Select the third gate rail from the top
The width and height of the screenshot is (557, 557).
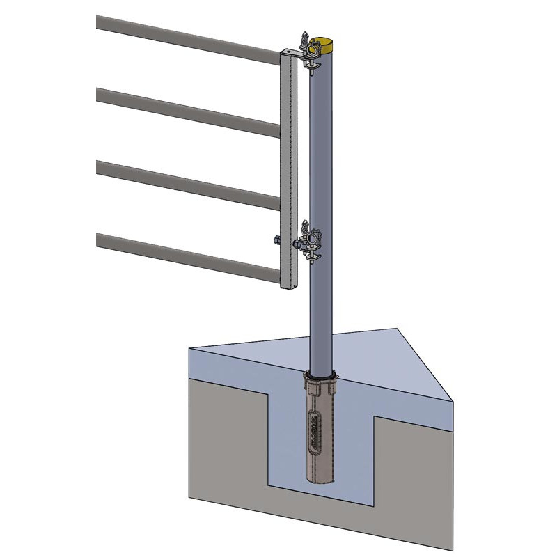click(x=188, y=183)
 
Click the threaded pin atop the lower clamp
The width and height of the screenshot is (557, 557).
click(x=305, y=226)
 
